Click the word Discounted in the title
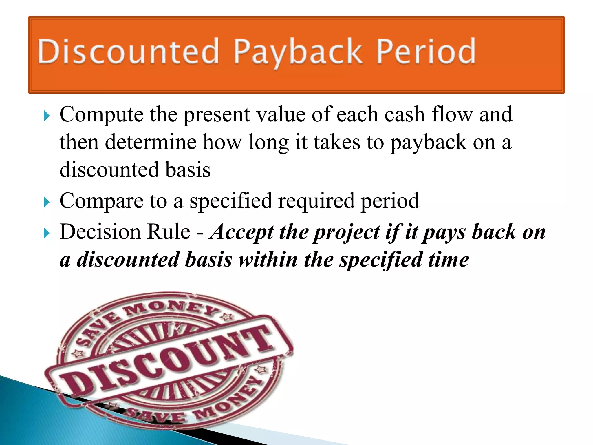click(x=128, y=52)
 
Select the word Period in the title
click(x=426, y=52)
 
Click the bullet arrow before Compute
click(x=47, y=116)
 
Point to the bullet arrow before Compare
click(x=47, y=203)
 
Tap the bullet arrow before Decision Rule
click(x=47, y=234)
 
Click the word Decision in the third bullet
click(x=100, y=232)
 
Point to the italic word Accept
click(x=242, y=233)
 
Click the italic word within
click(x=268, y=260)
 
